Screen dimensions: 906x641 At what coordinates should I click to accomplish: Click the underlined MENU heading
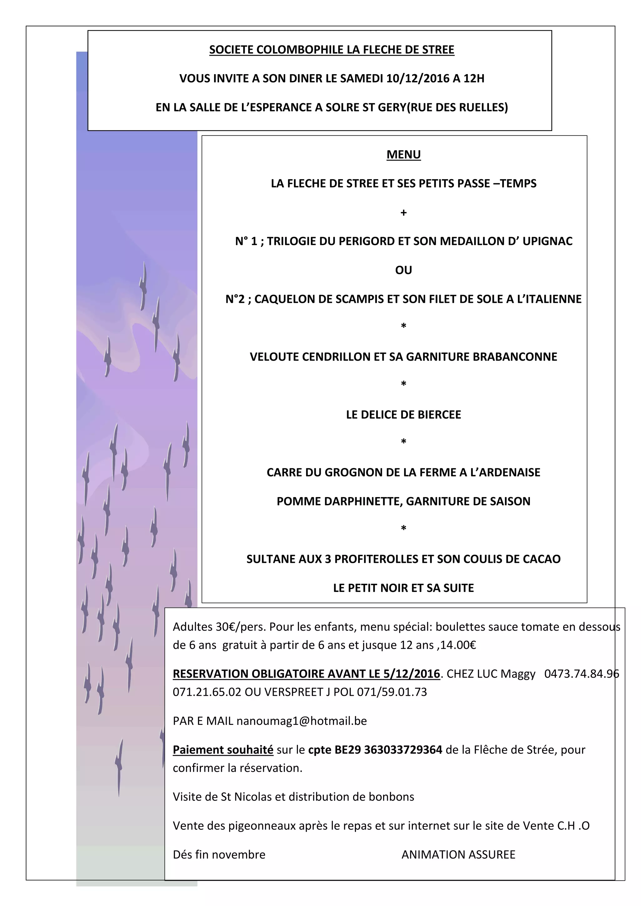click(403, 154)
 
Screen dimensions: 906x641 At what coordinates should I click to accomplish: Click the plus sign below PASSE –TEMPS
click(403, 213)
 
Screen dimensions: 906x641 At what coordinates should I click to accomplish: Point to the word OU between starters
click(403, 270)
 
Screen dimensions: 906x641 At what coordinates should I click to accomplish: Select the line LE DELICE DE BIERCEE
click(403, 415)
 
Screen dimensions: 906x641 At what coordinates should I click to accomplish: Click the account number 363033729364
click(403, 750)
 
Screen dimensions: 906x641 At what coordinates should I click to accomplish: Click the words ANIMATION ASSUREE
click(458, 855)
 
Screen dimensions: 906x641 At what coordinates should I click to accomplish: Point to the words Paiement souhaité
click(223, 750)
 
